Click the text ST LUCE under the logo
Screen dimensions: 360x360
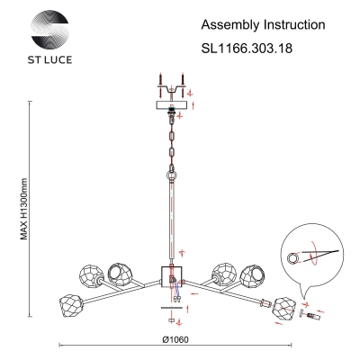pyautogui.click(x=49, y=59)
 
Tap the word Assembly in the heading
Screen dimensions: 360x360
pyautogui.click(x=230, y=25)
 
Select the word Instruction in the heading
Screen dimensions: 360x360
pyautogui.click(x=294, y=24)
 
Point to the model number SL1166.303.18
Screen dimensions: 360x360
pyautogui.click(x=247, y=48)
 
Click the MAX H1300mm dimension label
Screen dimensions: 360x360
pyautogui.click(x=24, y=209)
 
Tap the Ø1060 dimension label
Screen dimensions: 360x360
pyautogui.click(x=175, y=339)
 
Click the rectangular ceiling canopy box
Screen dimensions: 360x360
pyautogui.click(x=172, y=105)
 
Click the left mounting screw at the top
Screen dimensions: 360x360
pyautogui.click(x=161, y=85)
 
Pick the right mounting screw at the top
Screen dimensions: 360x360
pyautogui.click(x=182, y=85)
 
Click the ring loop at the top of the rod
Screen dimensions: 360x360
pyautogui.click(x=172, y=175)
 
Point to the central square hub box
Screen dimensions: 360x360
pyautogui.click(x=172, y=276)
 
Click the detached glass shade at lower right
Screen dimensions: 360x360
pyautogui.click(x=283, y=309)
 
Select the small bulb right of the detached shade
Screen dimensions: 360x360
pyautogui.click(x=314, y=316)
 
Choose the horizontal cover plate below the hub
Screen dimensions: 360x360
pyautogui.click(x=172, y=308)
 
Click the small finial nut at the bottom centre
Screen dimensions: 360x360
pyautogui.click(x=172, y=320)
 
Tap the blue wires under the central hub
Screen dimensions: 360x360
pyautogui.click(x=176, y=289)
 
